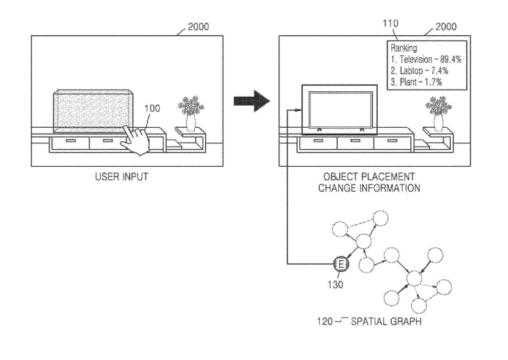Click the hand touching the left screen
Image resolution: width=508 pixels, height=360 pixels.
pos(136,136)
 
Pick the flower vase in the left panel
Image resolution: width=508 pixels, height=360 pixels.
pos(190,110)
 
